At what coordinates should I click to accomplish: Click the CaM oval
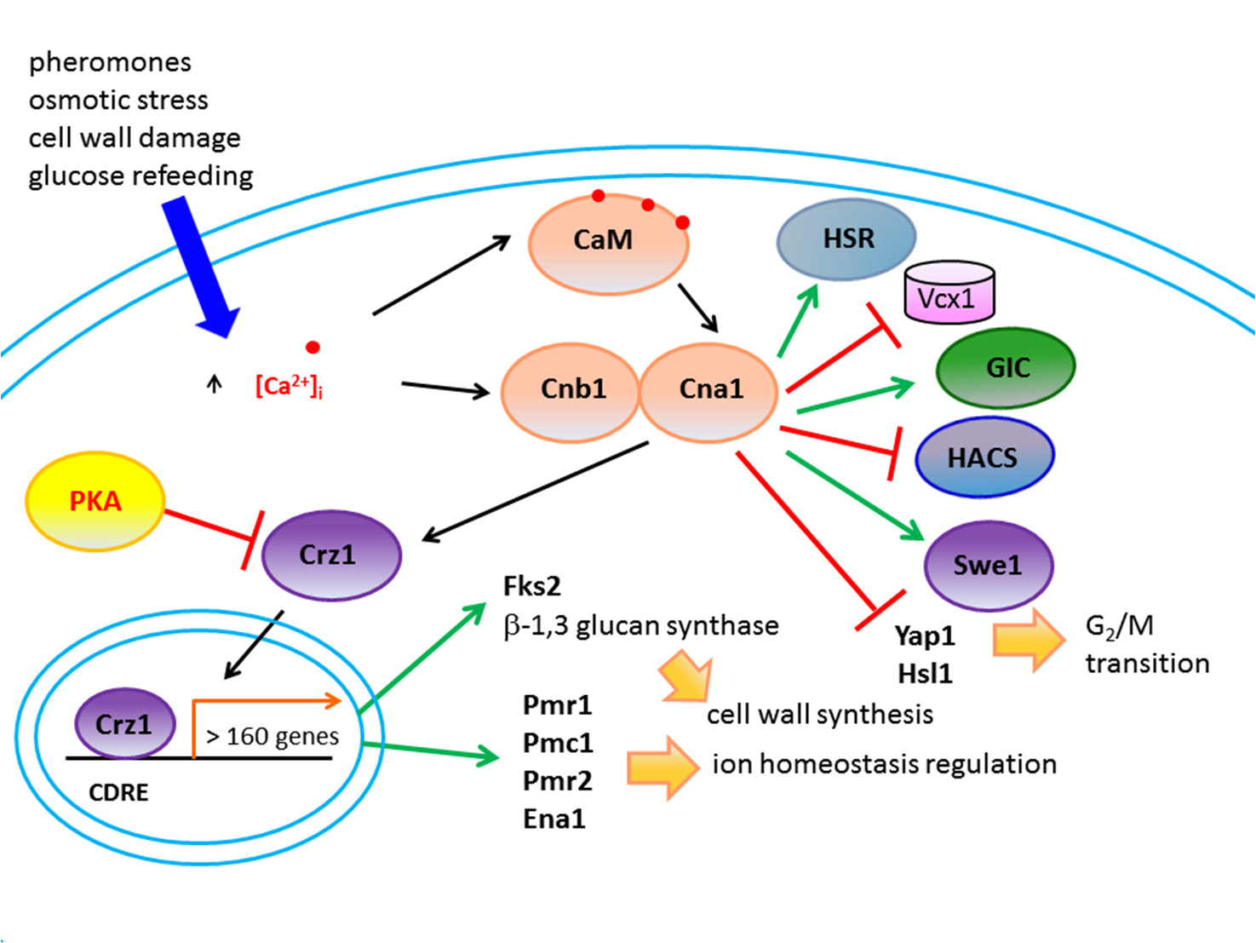click(608, 243)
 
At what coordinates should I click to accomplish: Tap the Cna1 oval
click(708, 390)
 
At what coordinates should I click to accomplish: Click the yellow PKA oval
click(95, 501)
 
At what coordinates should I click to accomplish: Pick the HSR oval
click(846, 239)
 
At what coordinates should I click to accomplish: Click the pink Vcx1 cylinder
click(949, 296)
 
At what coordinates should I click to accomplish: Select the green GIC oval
click(1006, 368)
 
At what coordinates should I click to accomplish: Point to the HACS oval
click(984, 457)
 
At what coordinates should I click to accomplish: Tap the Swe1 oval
click(988, 566)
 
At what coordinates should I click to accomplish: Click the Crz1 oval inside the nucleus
click(124, 724)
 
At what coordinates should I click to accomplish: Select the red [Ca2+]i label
click(289, 386)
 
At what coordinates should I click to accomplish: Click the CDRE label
click(118, 793)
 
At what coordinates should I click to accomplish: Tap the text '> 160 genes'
click(272, 736)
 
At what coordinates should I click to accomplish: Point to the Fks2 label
click(532, 586)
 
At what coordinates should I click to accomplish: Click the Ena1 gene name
click(554, 819)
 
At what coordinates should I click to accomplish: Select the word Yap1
click(925, 636)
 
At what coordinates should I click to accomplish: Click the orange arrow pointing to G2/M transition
click(1029, 640)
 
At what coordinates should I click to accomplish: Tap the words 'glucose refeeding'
click(141, 176)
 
